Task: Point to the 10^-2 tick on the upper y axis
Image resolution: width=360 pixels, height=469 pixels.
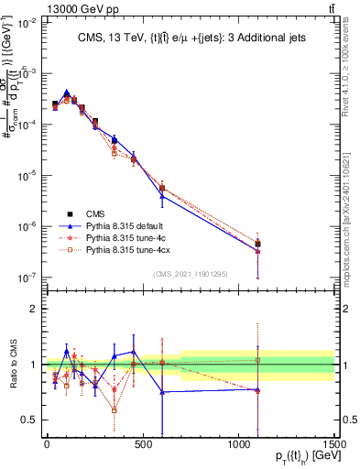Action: pyautogui.click(x=25, y=22)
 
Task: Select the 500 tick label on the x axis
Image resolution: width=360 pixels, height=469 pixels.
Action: pyautogui.click(x=143, y=443)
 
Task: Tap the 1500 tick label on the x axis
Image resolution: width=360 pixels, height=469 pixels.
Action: pyautogui.click(x=334, y=443)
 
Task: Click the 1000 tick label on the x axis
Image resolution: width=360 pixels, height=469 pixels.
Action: pyautogui.click(x=238, y=443)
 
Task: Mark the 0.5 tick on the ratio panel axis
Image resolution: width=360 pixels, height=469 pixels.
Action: pyautogui.click(x=28, y=420)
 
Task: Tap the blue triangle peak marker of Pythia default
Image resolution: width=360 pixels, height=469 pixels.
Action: pyautogui.click(x=67, y=92)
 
